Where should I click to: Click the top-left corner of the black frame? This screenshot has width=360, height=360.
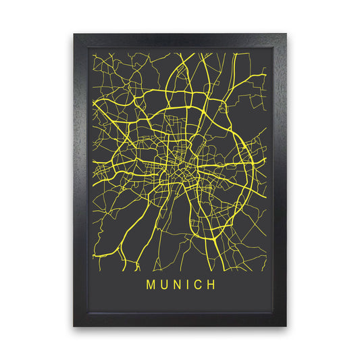coord(74,34)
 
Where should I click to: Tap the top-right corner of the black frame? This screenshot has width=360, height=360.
coord(286,34)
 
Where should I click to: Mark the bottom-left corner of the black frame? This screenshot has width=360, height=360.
coord(74,326)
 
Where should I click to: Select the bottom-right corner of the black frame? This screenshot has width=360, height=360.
coord(286,326)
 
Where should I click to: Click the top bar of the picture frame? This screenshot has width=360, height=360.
coord(180,40)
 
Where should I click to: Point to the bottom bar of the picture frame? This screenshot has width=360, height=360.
coord(180,319)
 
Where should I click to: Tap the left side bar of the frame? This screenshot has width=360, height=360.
coord(80,180)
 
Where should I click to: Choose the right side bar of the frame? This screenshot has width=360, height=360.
coord(280,180)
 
